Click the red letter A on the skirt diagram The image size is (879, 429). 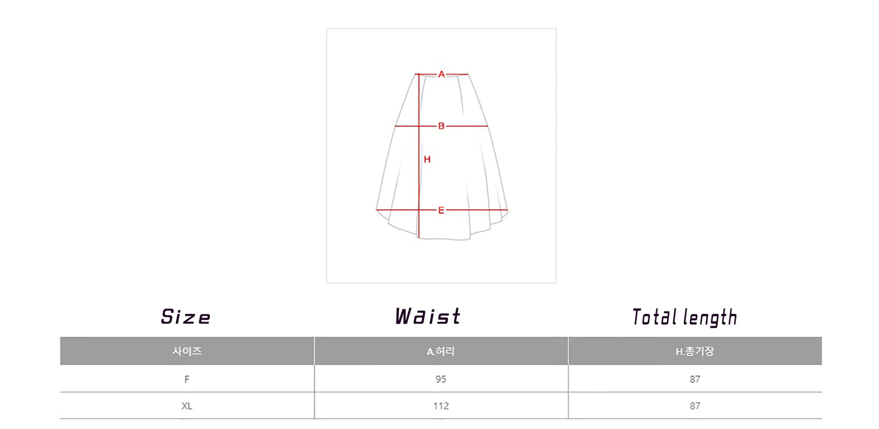(441, 74)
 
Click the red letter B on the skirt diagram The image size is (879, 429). (441, 126)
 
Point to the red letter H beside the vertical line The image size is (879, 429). (427, 159)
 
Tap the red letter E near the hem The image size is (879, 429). (441, 210)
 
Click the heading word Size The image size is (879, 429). (186, 317)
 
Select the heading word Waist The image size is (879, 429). (428, 317)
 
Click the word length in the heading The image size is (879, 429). (711, 318)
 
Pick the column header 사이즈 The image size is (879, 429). (187, 351)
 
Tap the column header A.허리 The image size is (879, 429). (440, 351)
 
